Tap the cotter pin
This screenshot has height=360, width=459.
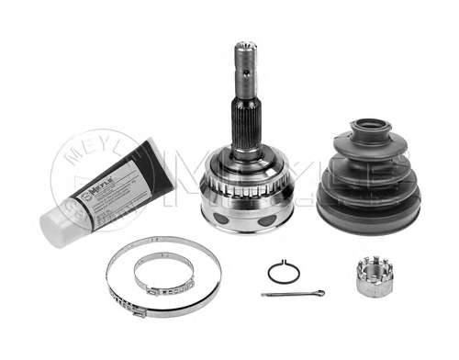pos(292,294)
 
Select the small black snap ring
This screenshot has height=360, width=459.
pos(284,273)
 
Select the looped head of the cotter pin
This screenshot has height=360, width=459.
pos(318,294)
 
